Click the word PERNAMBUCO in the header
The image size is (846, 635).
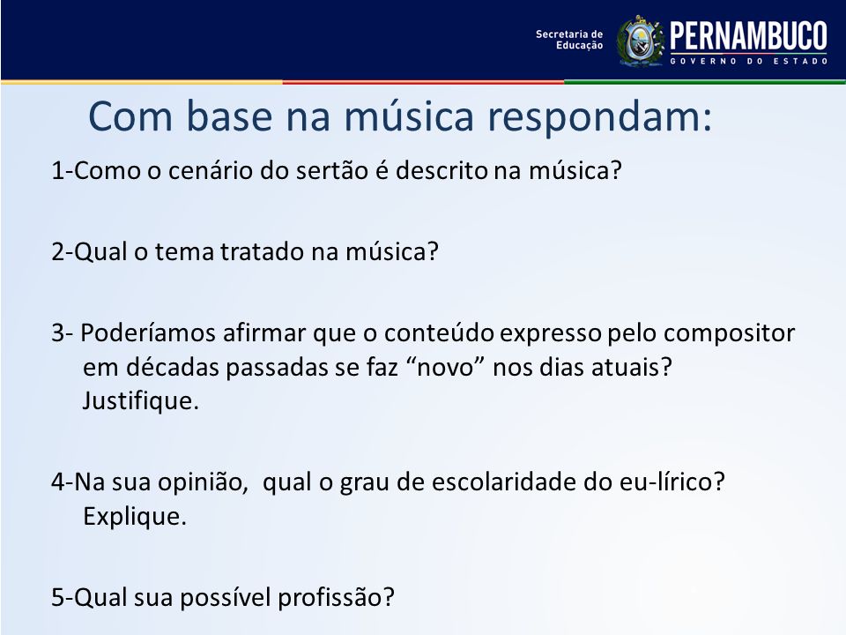click(x=748, y=36)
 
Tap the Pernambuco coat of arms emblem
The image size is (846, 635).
click(x=641, y=41)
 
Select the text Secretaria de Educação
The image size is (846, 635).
click(x=569, y=40)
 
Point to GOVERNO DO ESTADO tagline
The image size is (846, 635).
click(x=749, y=61)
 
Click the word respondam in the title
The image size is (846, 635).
click(x=599, y=116)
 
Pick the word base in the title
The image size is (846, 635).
click(x=229, y=116)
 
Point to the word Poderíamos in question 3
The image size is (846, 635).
click(x=148, y=332)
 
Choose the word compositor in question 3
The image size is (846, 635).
click(x=729, y=333)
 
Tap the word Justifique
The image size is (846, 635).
click(x=141, y=401)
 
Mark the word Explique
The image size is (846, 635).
click(x=135, y=517)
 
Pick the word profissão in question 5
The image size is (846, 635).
click(x=336, y=598)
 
